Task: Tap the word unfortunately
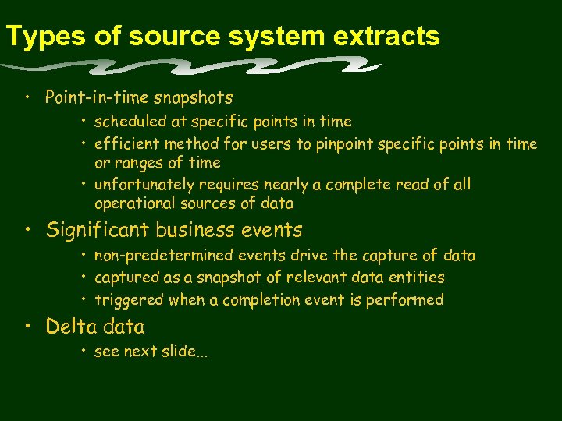coord(145,186)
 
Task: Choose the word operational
coord(133,204)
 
